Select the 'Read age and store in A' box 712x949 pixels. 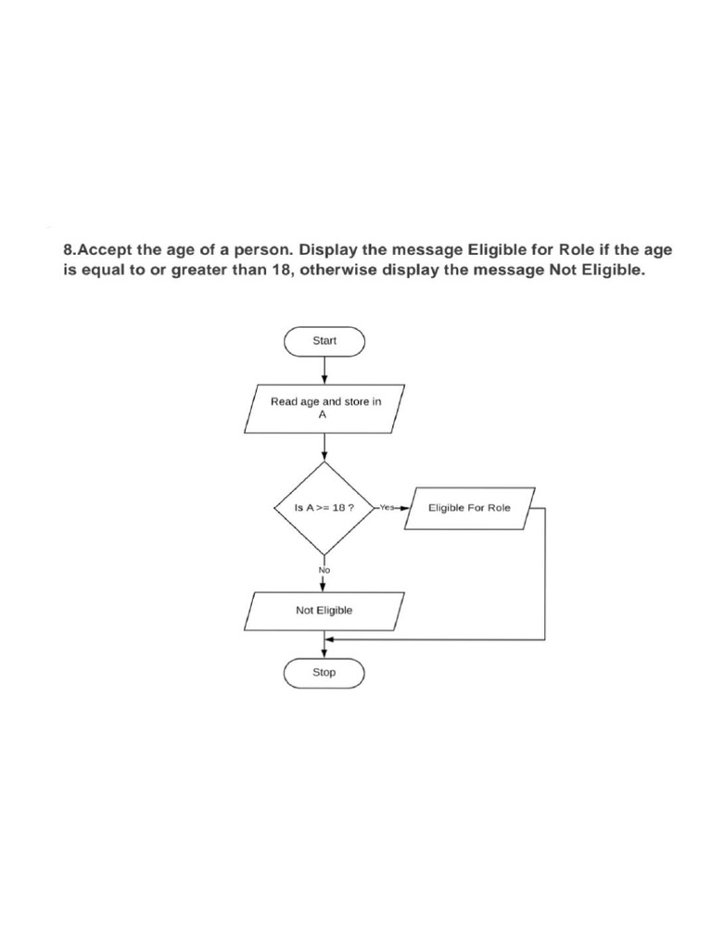click(x=324, y=409)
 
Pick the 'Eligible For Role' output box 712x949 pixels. click(x=470, y=509)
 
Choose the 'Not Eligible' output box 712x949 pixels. click(x=324, y=612)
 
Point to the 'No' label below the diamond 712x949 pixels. click(x=324, y=570)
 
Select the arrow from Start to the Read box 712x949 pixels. click(x=324, y=370)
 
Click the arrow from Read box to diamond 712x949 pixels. click(x=324, y=448)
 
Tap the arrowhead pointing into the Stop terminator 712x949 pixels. click(x=324, y=653)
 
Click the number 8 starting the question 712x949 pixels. click(x=69, y=250)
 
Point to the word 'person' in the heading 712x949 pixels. click(x=263, y=251)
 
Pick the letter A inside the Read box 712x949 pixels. click(x=323, y=415)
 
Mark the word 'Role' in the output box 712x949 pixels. click(x=499, y=508)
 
